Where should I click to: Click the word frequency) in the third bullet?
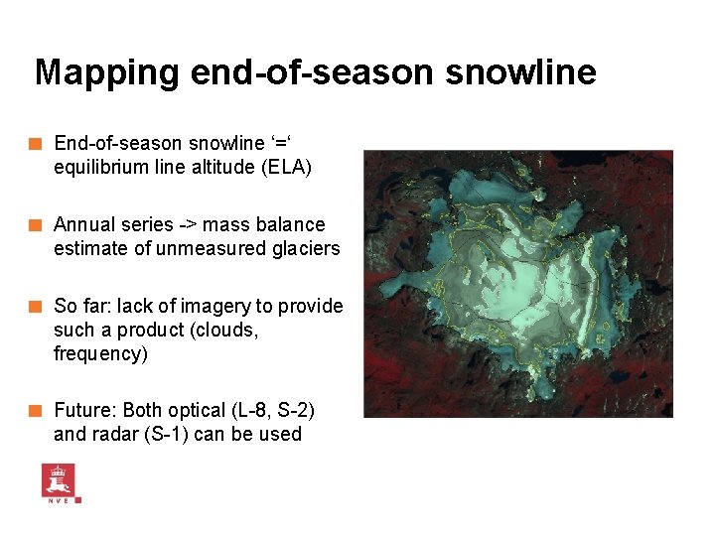(x=100, y=354)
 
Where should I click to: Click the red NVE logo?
(x=60, y=482)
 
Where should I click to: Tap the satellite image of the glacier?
(x=517, y=283)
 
